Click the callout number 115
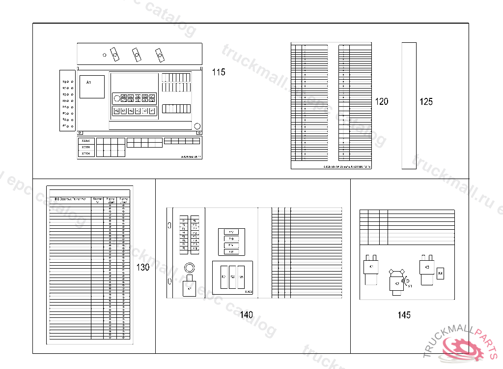click(x=219, y=72)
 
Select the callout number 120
click(x=381, y=102)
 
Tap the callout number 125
click(x=426, y=102)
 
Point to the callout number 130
click(x=142, y=268)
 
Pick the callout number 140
click(x=246, y=315)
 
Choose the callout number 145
click(x=404, y=315)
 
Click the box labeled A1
click(x=92, y=87)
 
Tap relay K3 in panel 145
click(x=427, y=269)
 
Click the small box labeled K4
click(x=440, y=273)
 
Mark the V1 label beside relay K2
click(x=410, y=285)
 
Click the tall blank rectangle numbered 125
click(x=409, y=105)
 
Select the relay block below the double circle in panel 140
click(x=190, y=288)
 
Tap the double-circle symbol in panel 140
click(x=189, y=268)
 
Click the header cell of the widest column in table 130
click(x=70, y=199)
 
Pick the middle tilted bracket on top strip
click(x=136, y=54)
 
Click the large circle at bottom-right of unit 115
click(x=197, y=125)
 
